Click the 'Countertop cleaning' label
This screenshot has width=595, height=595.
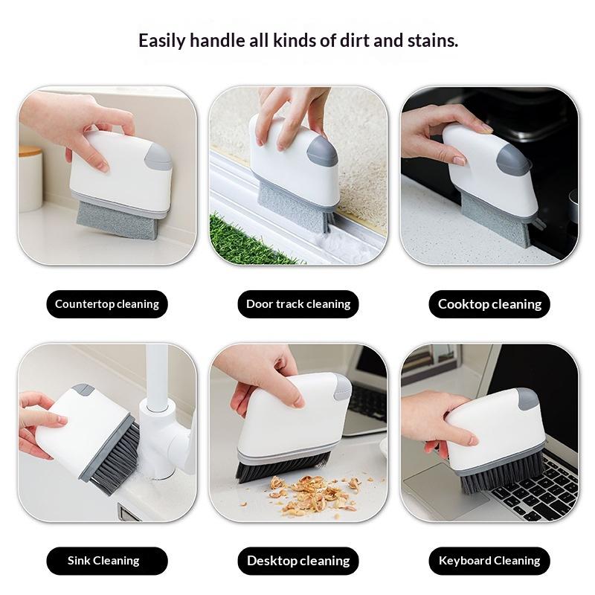click(x=107, y=304)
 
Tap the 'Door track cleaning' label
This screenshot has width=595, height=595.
click(x=298, y=304)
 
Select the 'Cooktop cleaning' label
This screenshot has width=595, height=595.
click(x=489, y=304)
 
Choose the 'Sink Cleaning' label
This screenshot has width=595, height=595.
click(x=107, y=561)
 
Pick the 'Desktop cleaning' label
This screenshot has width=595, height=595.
click(x=298, y=561)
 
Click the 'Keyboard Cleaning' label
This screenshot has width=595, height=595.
click(x=489, y=561)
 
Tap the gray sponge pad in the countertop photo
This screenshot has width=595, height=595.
click(x=117, y=220)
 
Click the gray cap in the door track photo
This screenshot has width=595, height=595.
click(x=322, y=151)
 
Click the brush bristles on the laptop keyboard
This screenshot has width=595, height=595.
click(x=501, y=475)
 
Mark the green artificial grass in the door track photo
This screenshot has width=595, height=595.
click(x=251, y=240)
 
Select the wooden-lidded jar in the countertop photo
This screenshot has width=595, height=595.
click(x=30, y=178)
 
